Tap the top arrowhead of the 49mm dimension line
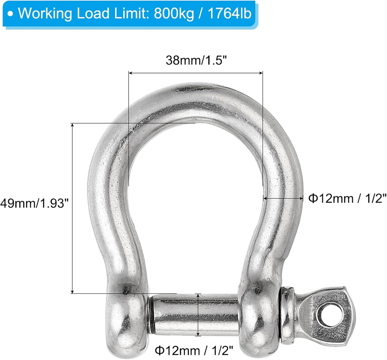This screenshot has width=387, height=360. pos(73,125)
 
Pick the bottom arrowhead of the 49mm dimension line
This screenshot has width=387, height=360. pos(73,291)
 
